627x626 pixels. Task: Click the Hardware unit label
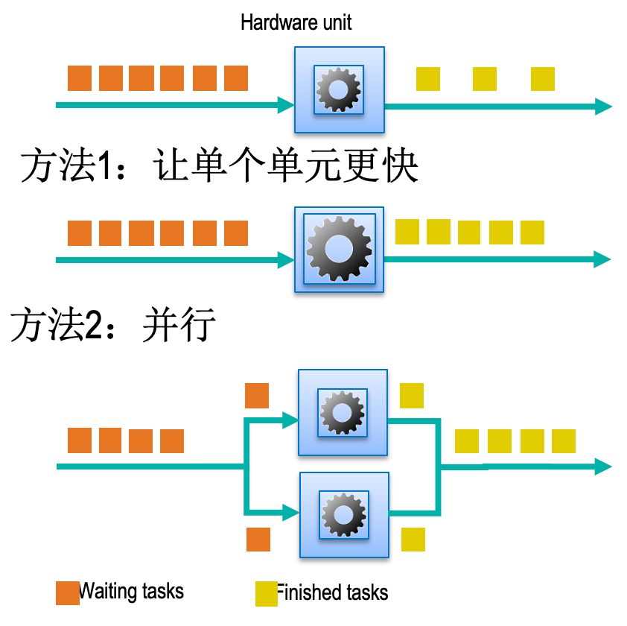click(x=296, y=22)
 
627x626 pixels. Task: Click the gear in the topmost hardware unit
click(x=339, y=89)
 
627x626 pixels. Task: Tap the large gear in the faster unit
click(x=339, y=249)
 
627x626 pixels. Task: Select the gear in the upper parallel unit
click(x=342, y=411)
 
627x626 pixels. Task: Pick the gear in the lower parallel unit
click(x=343, y=513)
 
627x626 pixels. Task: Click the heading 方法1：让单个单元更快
click(x=219, y=165)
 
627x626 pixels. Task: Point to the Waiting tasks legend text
click(x=132, y=592)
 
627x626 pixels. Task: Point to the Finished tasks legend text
click(x=333, y=593)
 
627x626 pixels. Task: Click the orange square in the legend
click(x=67, y=593)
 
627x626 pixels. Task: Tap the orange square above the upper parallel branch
click(x=257, y=396)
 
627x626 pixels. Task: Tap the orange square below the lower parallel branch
click(x=258, y=539)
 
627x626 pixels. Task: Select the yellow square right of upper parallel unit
click(x=412, y=395)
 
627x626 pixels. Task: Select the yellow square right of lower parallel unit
click(x=413, y=539)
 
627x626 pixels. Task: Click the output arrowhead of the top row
click(x=603, y=106)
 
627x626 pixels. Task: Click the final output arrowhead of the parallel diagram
click(x=602, y=467)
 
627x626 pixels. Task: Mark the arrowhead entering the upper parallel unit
click(x=290, y=421)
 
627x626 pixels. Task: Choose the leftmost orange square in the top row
click(x=80, y=78)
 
